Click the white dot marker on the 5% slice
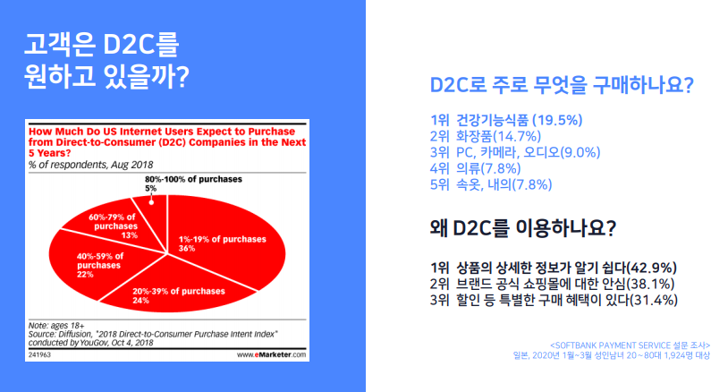coord(151,202)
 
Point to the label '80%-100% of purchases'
coord(193,179)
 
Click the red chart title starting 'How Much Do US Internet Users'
coord(167,142)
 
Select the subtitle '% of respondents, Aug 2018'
coord(90,165)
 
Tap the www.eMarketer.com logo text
coord(271,354)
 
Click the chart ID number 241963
coord(39,354)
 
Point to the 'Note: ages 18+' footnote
coord(56,326)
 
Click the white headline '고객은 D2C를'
coord(101,44)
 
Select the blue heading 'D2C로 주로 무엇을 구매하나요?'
coord(562,85)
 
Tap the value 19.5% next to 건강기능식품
coord(557,120)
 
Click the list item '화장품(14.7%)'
coord(498,137)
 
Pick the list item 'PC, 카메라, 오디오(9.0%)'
coord(528,152)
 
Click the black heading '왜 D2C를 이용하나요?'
coord(523,228)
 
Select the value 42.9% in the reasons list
coord(651,268)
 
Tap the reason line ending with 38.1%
coord(552,284)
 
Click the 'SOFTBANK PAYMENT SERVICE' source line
coord(630,345)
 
